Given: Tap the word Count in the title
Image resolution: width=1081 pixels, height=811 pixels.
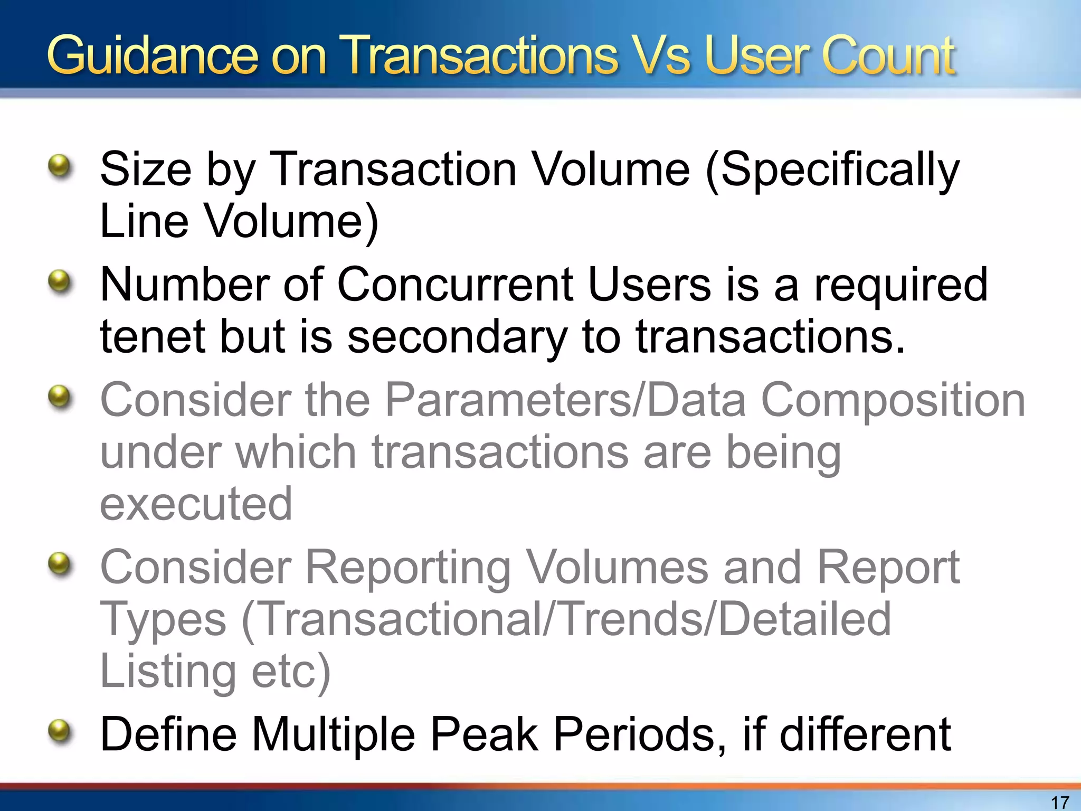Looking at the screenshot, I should click(887, 56).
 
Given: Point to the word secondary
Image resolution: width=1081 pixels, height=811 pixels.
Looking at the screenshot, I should click(457, 338).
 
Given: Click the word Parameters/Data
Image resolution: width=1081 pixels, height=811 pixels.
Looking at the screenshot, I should click(565, 400).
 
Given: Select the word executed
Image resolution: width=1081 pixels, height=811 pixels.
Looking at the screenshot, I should click(196, 504).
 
